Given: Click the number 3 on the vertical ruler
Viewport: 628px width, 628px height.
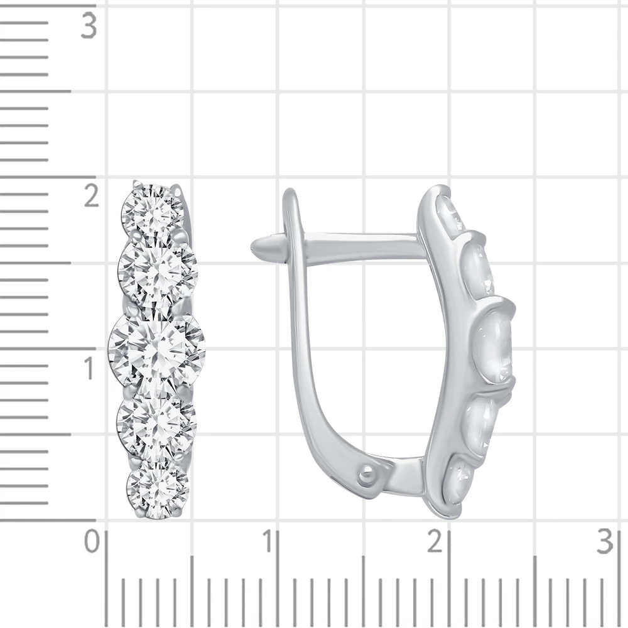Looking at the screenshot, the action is pyautogui.click(x=89, y=26).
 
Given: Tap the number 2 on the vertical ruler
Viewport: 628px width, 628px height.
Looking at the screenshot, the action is pyautogui.click(x=91, y=195).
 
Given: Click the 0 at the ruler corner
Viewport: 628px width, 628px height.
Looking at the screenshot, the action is pyautogui.click(x=92, y=541).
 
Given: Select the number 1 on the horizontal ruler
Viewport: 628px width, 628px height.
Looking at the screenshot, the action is pyautogui.click(x=268, y=541).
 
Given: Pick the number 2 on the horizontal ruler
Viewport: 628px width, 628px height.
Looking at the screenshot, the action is pyautogui.click(x=435, y=541).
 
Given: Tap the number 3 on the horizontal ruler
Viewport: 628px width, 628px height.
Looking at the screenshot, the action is pyautogui.click(x=605, y=541).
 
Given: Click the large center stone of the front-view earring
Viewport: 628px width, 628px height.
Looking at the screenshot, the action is pyautogui.click(x=157, y=349).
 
